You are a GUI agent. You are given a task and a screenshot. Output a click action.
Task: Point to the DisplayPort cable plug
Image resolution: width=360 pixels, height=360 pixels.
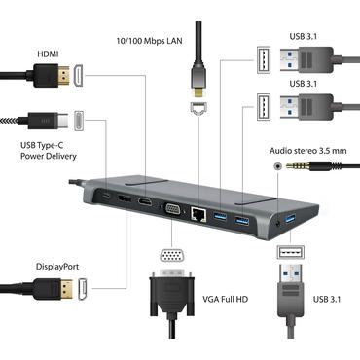click(39, 288)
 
